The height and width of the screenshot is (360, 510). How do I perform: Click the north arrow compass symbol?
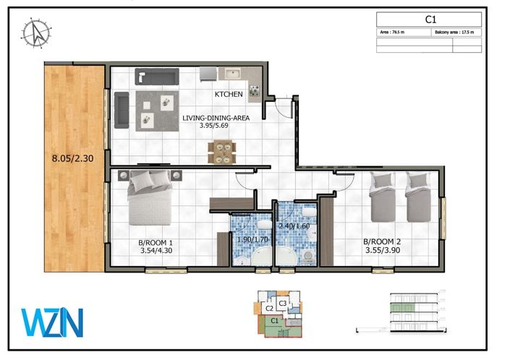(x=35, y=33)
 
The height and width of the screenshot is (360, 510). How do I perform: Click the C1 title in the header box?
(x=428, y=21)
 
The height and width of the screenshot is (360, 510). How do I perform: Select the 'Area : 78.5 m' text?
(x=395, y=33)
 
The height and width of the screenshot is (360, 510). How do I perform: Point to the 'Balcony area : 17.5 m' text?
(x=456, y=33)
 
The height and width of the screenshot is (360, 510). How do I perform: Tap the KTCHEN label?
(x=228, y=95)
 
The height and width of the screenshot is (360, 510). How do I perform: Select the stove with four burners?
(x=255, y=90)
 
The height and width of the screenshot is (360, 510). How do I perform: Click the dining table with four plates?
(x=221, y=152)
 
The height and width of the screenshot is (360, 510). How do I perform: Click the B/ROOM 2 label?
(x=383, y=242)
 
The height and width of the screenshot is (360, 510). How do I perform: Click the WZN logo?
(x=51, y=322)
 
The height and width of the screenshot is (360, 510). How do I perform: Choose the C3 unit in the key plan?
(x=283, y=302)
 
